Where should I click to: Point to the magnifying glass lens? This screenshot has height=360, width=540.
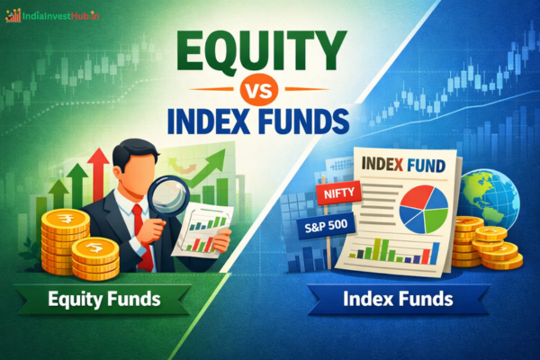coord(167,195)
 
